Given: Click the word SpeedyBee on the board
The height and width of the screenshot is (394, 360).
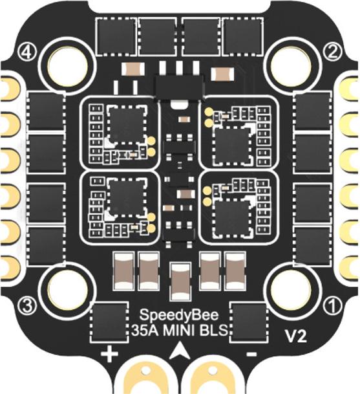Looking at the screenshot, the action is (x=179, y=316).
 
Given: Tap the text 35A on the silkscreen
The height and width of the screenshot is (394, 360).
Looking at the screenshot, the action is (x=145, y=331).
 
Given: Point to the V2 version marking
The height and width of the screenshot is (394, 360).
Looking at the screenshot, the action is (x=296, y=336).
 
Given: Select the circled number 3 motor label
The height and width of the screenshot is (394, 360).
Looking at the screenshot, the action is (x=27, y=306).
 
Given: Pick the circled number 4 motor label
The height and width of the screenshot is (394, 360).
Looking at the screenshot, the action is (x=28, y=52).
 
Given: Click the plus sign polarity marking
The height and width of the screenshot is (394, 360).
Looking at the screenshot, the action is (x=109, y=354).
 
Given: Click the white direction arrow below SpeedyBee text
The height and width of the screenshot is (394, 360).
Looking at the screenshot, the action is (x=180, y=350).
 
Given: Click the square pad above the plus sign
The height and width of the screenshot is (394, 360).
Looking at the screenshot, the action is (x=109, y=322).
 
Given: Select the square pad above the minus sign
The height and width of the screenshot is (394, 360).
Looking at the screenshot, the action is (x=248, y=322).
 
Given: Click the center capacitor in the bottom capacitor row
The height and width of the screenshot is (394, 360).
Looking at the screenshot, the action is (x=180, y=281).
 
